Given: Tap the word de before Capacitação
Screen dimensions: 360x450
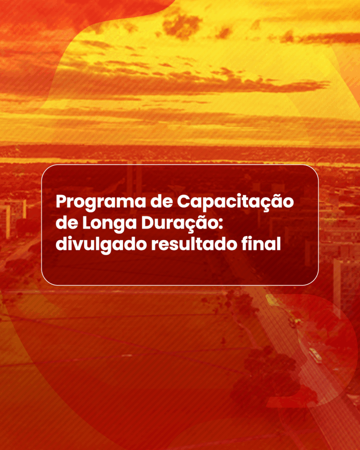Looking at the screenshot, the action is pos(161,202).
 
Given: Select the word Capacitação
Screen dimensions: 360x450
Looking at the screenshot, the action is pos(235,202).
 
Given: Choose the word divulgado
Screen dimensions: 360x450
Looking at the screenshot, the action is pos(102,245).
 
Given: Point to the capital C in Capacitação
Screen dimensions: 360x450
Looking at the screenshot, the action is pos(183,202).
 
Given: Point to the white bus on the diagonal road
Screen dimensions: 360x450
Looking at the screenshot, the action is pos(315,355).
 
